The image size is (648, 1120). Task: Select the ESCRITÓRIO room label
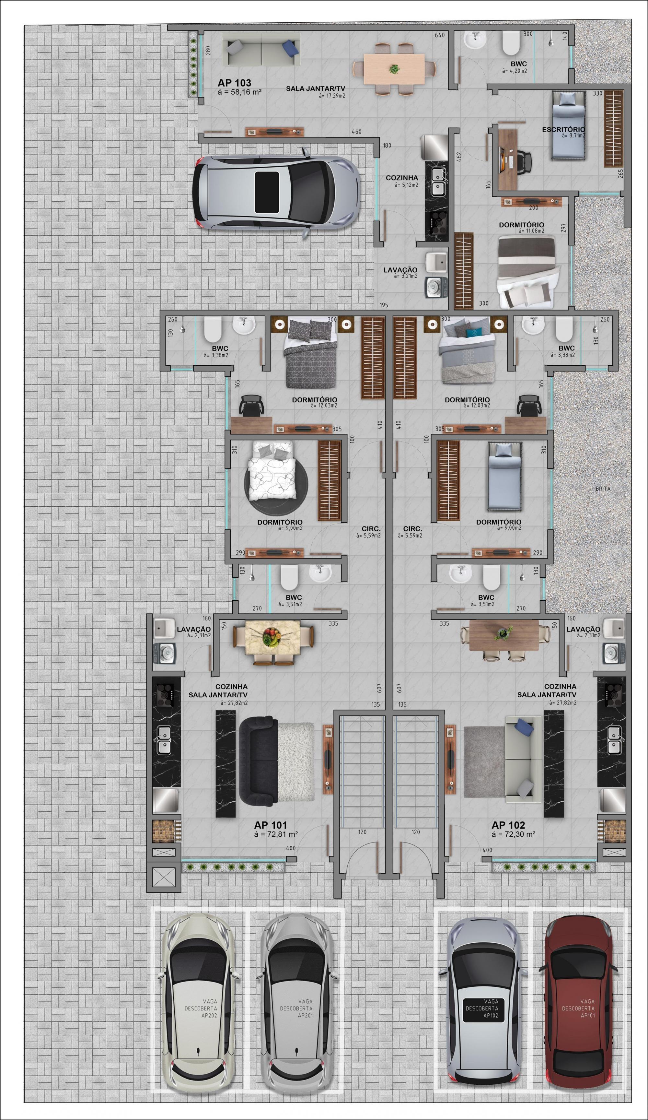[x=563, y=129]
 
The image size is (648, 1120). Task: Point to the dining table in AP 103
[x=394, y=69]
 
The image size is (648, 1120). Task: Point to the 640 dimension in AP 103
[x=440, y=35]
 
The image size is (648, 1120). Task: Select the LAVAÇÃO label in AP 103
[x=400, y=270]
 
